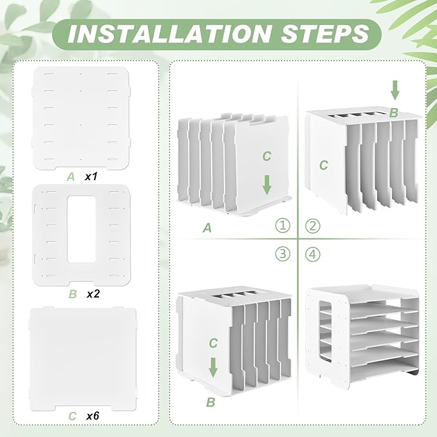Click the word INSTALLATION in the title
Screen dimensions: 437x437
coord(169,34)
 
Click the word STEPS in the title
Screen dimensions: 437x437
coord(324,34)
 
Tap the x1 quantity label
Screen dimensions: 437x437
coord(91,176)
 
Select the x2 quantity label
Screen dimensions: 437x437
coord(93,293)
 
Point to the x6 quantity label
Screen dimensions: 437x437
coord(93,416)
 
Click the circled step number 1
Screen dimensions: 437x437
coord(283,225)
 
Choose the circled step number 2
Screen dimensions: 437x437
coord(313,226)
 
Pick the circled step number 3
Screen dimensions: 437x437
coord(283,254)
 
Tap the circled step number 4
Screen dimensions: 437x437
coord(313,254)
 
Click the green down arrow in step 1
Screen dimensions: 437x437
coord(267,185)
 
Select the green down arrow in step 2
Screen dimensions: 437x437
coord(395,90)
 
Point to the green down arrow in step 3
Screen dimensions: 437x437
coord(213,367)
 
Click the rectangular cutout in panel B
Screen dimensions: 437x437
coord(81,229)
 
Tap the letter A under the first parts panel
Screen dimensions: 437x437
coord(71,177)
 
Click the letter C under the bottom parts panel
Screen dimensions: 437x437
coord(73,416)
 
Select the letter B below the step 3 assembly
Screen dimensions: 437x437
coord(210,402)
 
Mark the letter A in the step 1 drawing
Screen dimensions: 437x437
coord(207,228)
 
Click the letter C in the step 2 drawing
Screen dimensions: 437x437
coord(324,165)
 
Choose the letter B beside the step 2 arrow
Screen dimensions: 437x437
coord(393,113)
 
